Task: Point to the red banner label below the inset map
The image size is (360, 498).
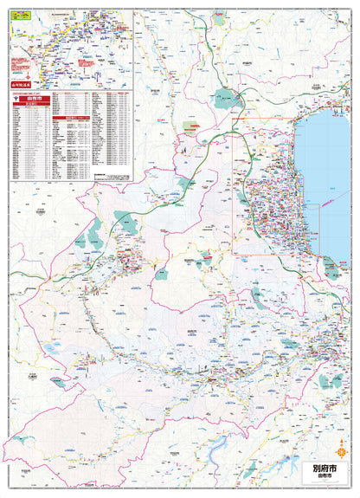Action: [x=22, y=84]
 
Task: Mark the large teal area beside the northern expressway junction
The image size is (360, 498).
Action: [x=226, y=98]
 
